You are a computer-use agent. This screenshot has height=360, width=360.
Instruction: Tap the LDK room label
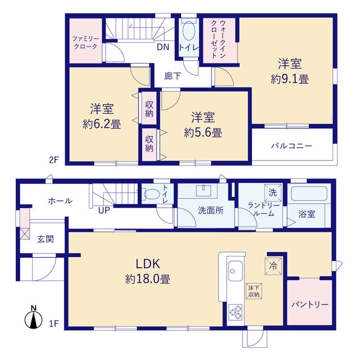coord(147,264)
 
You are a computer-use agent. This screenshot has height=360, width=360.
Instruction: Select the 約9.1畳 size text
coord(290,79)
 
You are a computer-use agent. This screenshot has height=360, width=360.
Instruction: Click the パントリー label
coord(310,305)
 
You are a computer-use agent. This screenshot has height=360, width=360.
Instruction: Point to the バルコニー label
coord(291,146)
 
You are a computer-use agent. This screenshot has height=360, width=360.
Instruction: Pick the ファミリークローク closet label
coord(85,43)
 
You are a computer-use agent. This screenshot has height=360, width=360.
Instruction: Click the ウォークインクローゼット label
coord(219,39)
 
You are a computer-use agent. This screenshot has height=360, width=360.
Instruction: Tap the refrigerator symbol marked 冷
coord(273,266)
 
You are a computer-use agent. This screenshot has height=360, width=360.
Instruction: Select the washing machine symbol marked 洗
coord(273,192)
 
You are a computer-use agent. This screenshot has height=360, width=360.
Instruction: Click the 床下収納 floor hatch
coord(254,291)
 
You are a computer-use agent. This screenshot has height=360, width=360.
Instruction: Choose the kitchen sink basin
coord(235,271)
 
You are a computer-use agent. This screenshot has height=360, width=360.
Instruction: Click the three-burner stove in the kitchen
coord(236,312)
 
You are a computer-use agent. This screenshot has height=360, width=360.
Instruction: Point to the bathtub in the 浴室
coord(309,193)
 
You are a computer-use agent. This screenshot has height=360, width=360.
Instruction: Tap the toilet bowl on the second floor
coord(189,31)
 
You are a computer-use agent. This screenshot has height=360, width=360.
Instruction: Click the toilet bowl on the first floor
coord(151,194)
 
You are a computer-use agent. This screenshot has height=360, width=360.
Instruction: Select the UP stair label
coord(104,210)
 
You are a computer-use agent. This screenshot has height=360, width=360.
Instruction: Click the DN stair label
coord(163,47)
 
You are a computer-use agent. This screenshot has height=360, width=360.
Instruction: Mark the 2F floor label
coord(54,160)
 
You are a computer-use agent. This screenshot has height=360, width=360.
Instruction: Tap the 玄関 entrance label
coord(46,239)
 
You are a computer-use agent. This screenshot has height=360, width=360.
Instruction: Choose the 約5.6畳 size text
coord(203,133)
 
